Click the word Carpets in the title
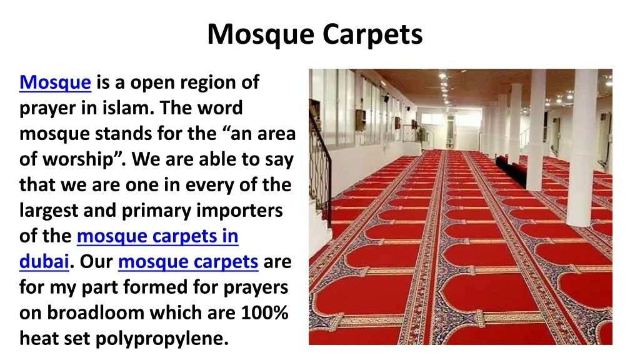(x=372, y=35)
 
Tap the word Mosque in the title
(x=261, y=35)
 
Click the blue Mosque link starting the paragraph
(x=55, y=82)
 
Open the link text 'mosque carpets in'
(x=157, y=236)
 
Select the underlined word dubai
(x=44, y=262)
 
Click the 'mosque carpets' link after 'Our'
(x=188, y=262)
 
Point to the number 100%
(x=264, y=312)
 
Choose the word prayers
(x=256, y=287)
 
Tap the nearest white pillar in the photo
(x=582, y=147)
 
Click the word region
(x=207, y=83)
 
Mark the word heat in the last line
(x=39, y=338)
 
